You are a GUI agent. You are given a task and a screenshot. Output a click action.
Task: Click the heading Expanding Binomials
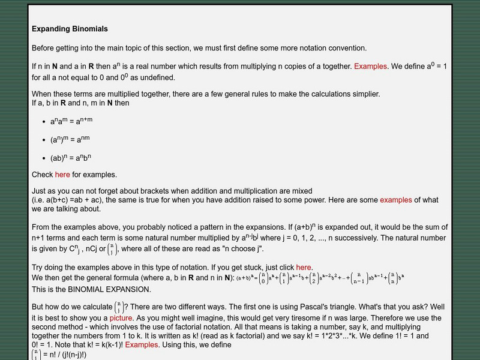70,29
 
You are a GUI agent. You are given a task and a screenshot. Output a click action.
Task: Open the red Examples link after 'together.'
370,67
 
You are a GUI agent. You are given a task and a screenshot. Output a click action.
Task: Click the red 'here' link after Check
62,175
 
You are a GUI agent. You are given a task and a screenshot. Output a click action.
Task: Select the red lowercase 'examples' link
396,200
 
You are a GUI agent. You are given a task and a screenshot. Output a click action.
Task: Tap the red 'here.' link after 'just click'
304,268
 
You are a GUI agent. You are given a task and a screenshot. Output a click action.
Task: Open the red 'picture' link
121,318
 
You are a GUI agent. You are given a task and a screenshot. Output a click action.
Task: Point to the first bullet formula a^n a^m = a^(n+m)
71,121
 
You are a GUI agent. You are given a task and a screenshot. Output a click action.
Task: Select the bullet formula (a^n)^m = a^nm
70,140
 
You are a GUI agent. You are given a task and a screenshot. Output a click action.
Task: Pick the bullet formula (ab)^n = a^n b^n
70,159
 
